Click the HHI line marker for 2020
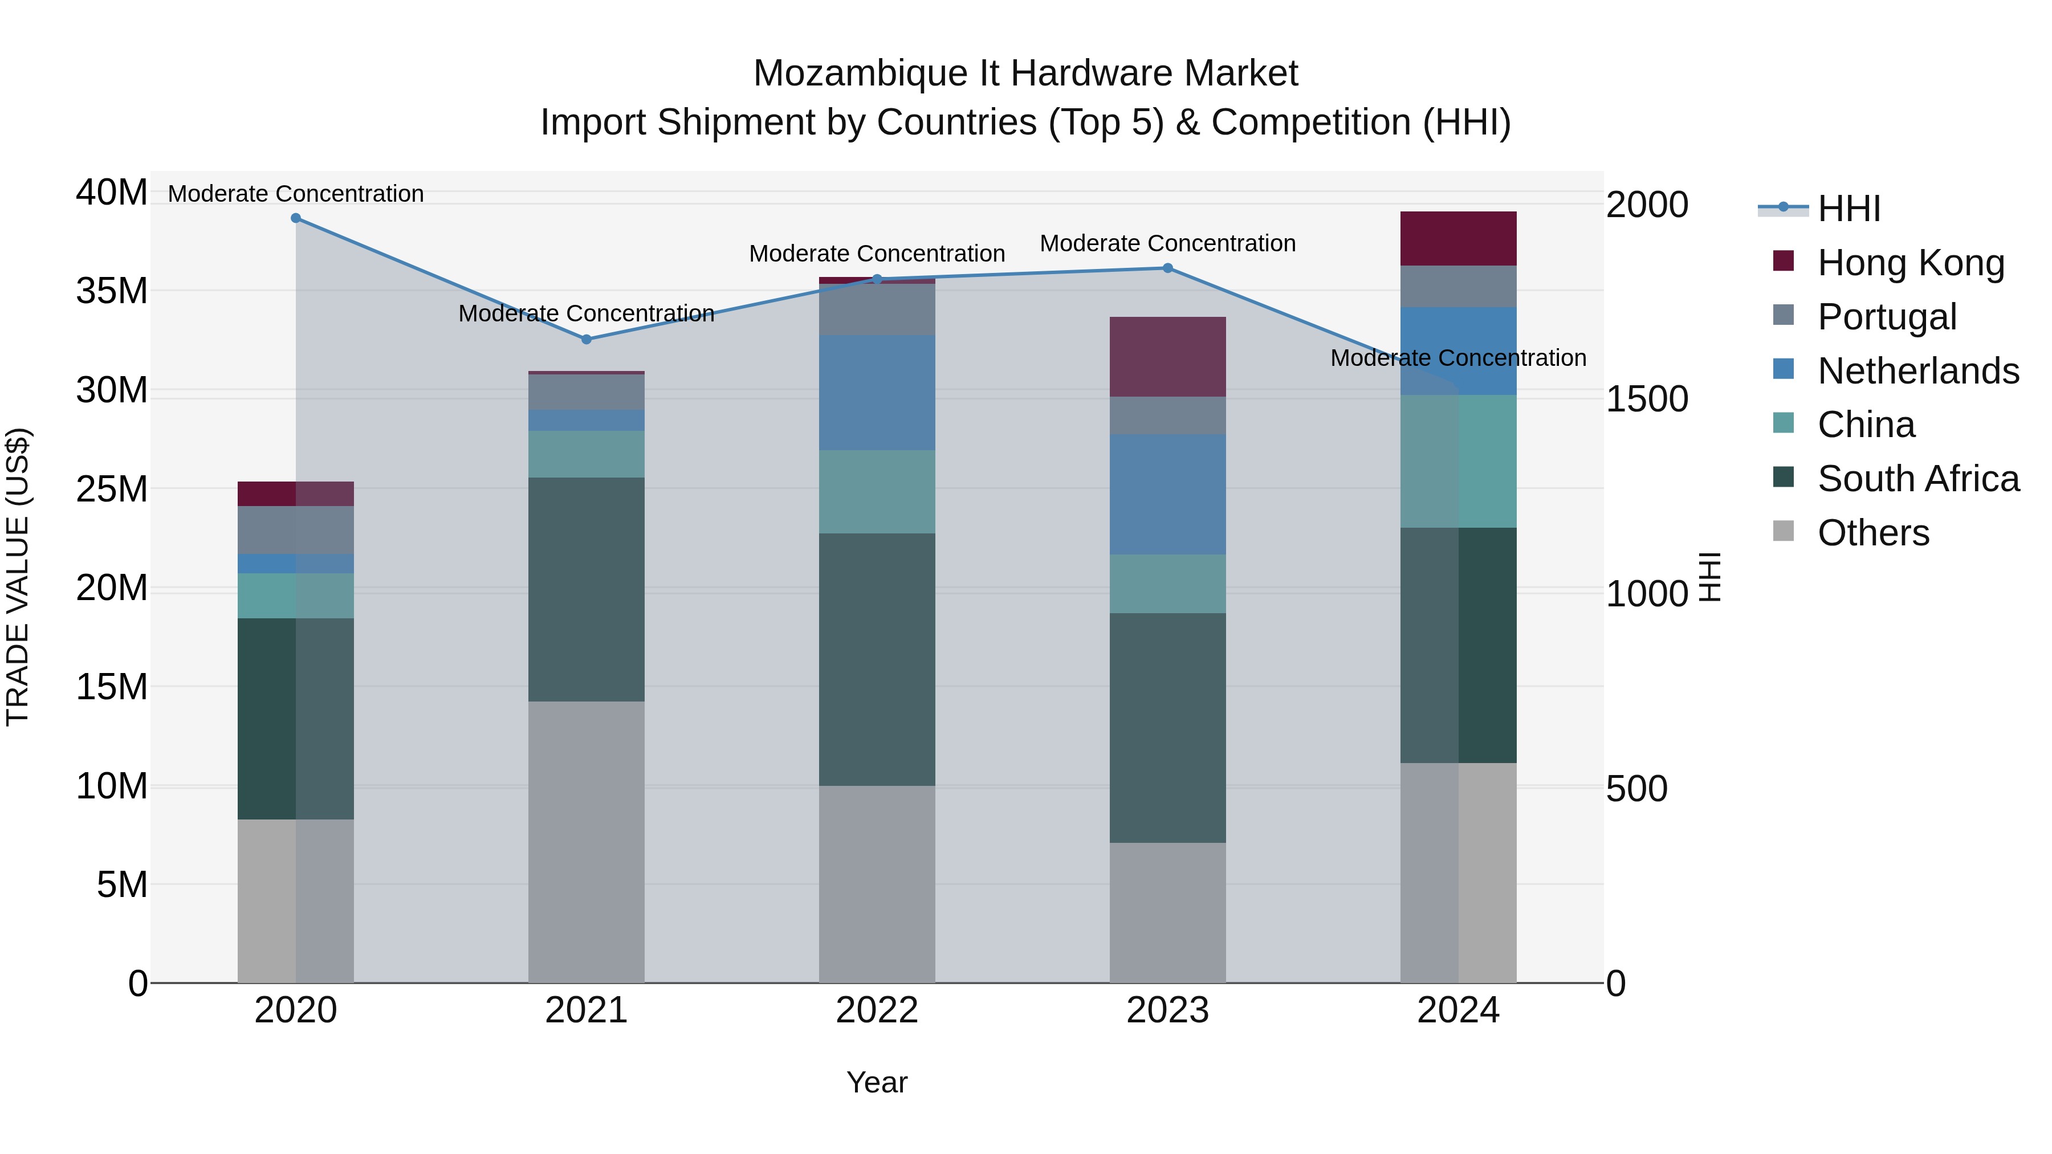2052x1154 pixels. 295,218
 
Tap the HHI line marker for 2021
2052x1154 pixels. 587,339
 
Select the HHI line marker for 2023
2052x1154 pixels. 1168,268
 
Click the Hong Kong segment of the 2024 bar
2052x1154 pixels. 1459,239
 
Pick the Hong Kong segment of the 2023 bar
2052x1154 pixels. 1168,357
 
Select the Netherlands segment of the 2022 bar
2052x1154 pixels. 877,393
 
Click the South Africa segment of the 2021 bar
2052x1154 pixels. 587,589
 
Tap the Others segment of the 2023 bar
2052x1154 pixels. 1168,913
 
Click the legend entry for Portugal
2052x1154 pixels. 1886,317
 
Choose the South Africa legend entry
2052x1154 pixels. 1917,479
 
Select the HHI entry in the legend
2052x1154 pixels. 1848,209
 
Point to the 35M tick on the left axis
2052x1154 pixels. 112,291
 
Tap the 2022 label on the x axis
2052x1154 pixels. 877,1010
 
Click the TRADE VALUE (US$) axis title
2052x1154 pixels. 18,577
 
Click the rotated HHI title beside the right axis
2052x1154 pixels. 1709,577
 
